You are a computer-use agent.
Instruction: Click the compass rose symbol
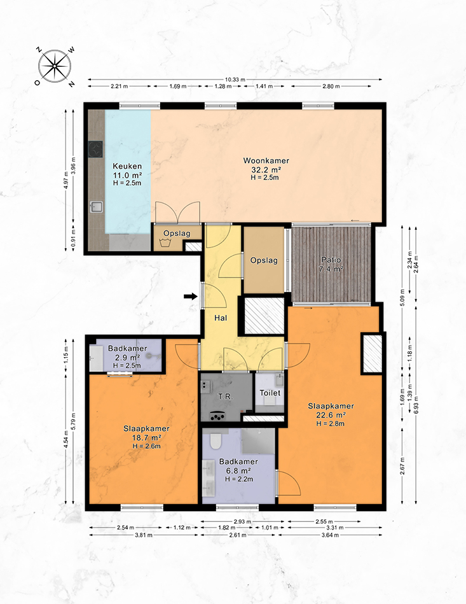click(x=55, y=66)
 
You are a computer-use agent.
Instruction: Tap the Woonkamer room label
click(x=266, y=160)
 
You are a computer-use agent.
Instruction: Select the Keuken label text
click(x=127, y=166)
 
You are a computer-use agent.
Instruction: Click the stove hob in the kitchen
click(x=95, y=149)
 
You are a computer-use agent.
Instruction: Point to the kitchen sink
click(x=96, y=207)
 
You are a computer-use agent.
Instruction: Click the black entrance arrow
click(x=190, y=296)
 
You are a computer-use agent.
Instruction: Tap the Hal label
click(x=221, y=318)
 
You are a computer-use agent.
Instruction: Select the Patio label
click(x=331, y=260)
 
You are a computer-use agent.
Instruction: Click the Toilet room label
click(x=270, y=393)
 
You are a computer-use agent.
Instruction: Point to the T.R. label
click(x=226, y=397)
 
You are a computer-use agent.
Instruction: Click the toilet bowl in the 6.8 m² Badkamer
click(x=215, y=440)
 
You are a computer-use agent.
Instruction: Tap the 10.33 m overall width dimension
click(x=235, y=80)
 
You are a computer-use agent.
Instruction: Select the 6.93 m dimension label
click(x=416, y=404)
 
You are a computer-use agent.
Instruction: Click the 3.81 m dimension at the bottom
click(x=144, y=535)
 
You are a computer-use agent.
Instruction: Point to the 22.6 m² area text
click(x=331, y=415)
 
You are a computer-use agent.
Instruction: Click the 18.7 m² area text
click(x=146, y=438)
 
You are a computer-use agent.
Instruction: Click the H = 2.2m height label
click(x=239, y=479)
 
